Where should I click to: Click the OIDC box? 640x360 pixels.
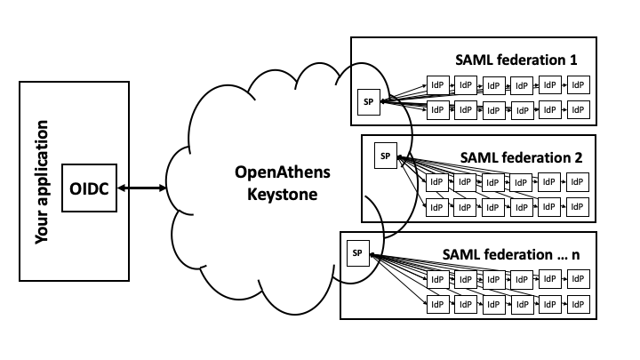pos(90,188)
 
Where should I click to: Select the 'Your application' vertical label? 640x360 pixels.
pos(40,180)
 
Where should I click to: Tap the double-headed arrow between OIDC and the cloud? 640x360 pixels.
pos(142,188)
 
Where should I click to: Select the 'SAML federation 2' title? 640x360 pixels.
pos(521,156)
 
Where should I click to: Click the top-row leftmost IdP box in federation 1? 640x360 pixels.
pos(437,85)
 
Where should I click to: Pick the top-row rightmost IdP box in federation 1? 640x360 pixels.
pos(579,85)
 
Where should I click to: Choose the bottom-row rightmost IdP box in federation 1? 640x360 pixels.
pos(579,110)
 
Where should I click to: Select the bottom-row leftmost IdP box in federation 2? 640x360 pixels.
pos(436,208)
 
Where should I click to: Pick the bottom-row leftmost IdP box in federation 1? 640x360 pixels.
pos(437,110)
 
